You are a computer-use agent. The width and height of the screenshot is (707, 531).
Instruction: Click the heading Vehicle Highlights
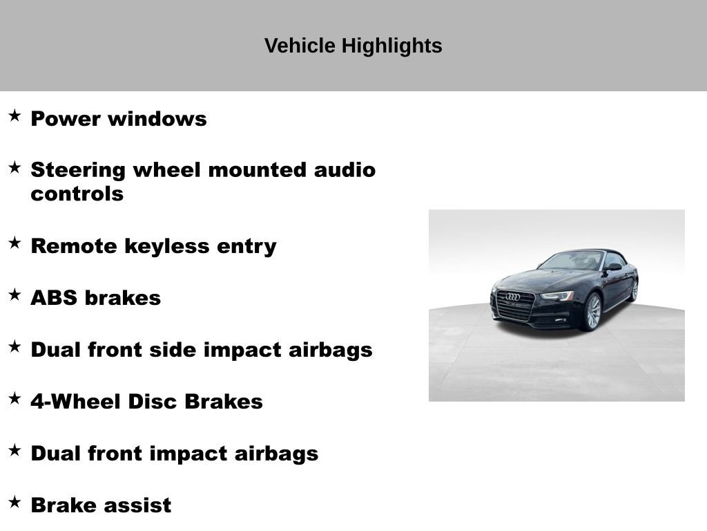(353, 46)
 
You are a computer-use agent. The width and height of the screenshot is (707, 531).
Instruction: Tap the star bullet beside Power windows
(14, 115)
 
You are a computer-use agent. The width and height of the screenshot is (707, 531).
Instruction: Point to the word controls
(77, 194)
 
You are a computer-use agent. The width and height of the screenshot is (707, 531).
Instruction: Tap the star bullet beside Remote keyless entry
(14, 243)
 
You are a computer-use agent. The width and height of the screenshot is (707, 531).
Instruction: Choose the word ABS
(54, 298)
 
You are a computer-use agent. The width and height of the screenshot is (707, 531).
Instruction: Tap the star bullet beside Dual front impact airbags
(14, 451)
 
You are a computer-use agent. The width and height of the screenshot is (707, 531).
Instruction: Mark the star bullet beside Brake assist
(14, 503)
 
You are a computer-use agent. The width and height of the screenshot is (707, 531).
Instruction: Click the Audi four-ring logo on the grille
(512, 297)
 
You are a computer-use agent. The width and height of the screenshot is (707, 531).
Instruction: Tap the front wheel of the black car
(592, 312)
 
